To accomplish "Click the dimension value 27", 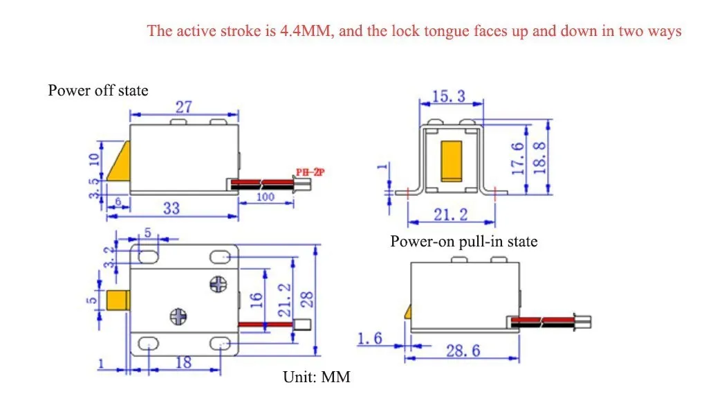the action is pos(184,107).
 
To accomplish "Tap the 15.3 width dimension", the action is pos(449,96).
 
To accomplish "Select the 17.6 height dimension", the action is pos(518,159).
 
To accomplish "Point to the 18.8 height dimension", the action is pos(539,158).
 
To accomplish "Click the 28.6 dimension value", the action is pos(463,350).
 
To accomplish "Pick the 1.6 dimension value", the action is pos(369,338).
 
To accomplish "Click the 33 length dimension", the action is pos(171,208).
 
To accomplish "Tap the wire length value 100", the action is pos(265,197).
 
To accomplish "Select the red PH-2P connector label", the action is pos(310,172).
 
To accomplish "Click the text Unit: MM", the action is pos(317,377).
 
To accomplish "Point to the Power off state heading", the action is pos(98,91).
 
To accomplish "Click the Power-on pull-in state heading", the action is pos(464,242).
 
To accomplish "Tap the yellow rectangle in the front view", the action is pos(451,161).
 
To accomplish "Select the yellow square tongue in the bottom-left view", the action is pos(118,301).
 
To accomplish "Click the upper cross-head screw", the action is pos(219,285).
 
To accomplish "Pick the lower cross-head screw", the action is pos(178,316).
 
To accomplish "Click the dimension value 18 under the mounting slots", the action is pos(183,362).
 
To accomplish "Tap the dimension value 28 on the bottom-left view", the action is pos(306,300).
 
